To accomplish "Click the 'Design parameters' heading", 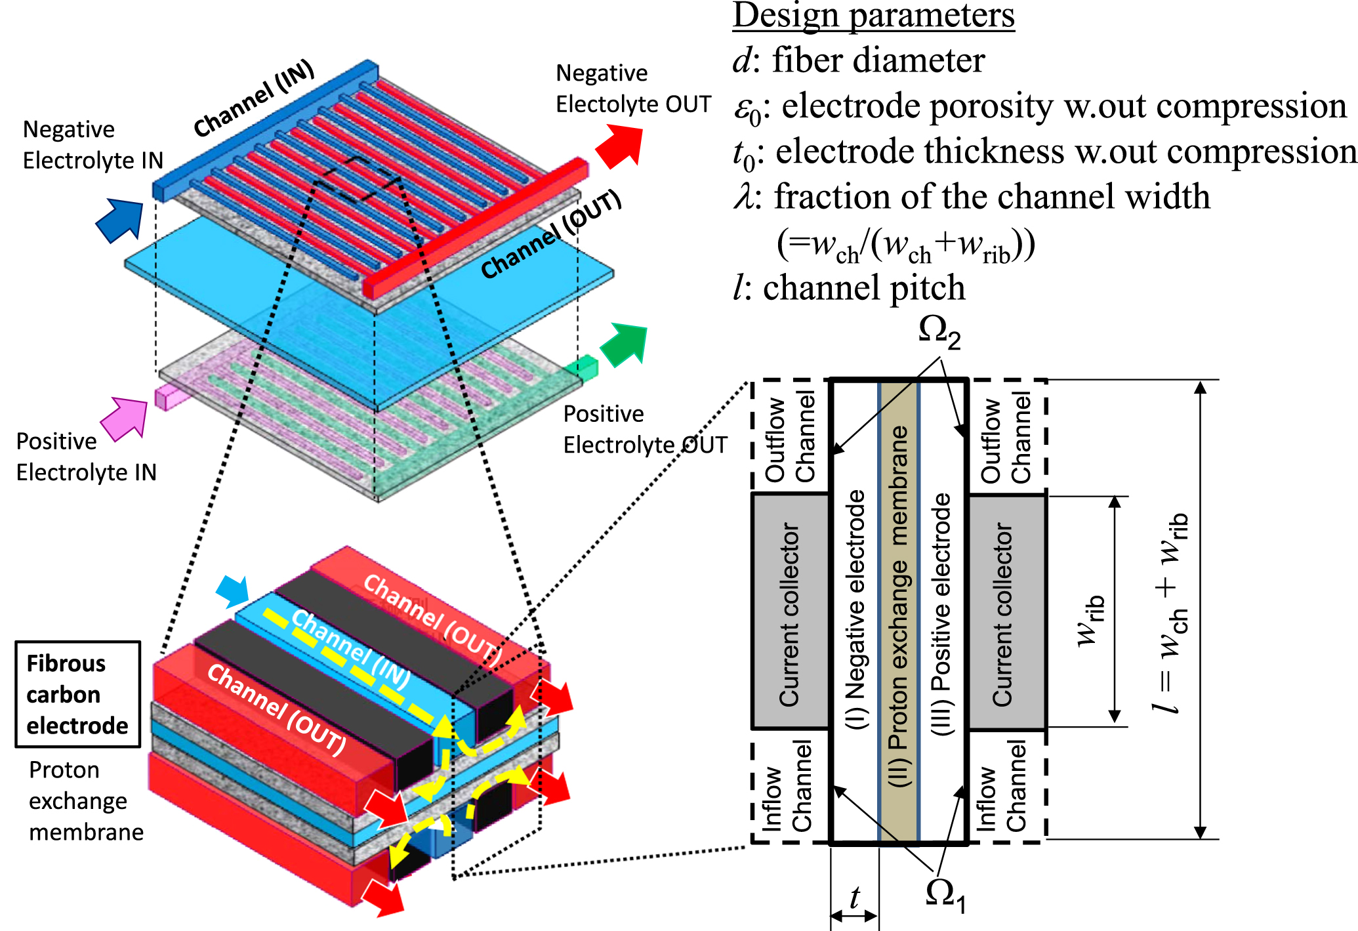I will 873,16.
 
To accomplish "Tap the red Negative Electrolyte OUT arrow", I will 620,146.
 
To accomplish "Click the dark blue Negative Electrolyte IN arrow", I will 121,220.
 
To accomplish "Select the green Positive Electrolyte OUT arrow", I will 624,344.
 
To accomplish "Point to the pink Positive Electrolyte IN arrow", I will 125,418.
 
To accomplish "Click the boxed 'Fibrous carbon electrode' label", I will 77,694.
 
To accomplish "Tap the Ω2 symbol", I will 939,332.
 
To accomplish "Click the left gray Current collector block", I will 790,612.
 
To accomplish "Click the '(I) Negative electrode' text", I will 855,610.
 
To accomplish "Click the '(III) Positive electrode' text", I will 941,613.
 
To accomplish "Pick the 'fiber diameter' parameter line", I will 858,60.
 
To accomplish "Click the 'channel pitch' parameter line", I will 849,288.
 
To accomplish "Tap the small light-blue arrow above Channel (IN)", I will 233,591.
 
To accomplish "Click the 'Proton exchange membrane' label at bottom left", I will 85,800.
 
